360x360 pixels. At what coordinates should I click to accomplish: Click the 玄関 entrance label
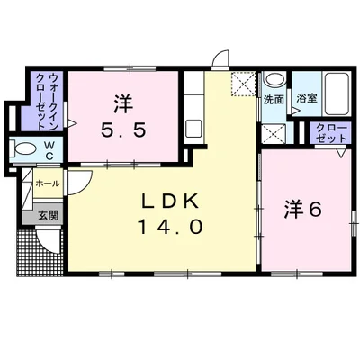coord(48,216)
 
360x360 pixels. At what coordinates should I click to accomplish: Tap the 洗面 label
coord(274,99)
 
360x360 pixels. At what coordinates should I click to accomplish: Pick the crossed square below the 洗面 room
coord(274,134)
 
